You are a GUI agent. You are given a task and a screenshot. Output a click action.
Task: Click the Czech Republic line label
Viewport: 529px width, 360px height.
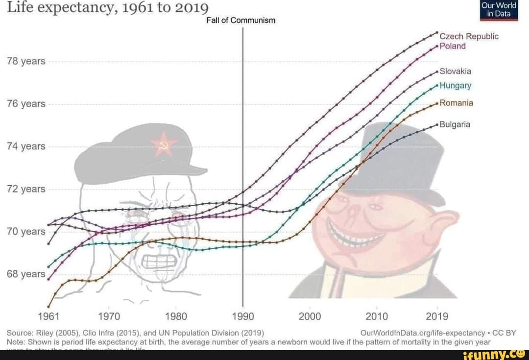point(469,37)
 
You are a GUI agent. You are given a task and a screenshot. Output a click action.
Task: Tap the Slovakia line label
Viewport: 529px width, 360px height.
point(455,72)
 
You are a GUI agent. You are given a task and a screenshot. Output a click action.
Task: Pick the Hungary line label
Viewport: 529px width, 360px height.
point(455,86)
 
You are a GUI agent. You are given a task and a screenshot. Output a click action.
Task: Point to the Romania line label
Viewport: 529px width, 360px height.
point(456,103)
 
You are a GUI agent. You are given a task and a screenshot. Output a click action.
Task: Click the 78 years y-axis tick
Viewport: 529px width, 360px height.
point(26,61)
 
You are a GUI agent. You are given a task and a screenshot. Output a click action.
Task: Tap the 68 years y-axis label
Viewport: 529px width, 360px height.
point(26,274)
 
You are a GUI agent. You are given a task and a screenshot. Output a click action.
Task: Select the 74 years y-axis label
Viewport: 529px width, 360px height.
point(26,146)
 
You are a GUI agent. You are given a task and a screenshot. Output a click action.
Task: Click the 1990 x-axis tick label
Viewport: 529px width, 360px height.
point(243,316)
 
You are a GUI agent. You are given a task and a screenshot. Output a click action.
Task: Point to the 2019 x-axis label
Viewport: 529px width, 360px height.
point(437,316)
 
